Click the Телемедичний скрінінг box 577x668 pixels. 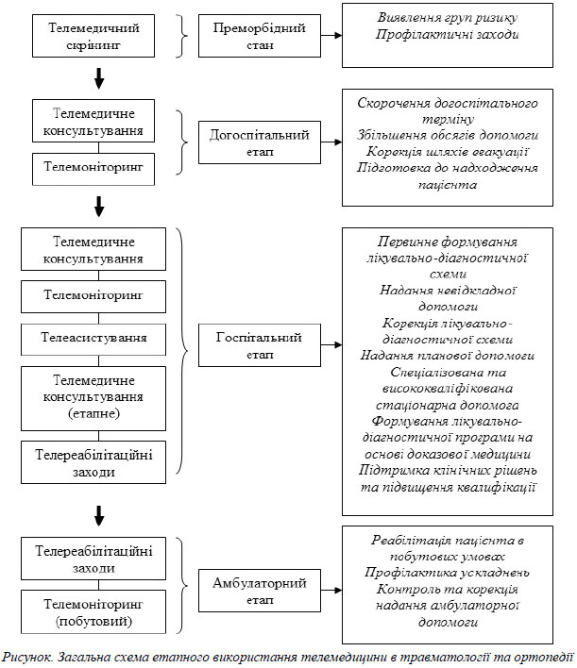coord(93,36)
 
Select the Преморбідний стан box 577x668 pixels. coord(260,36)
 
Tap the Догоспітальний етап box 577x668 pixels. coord(260,142)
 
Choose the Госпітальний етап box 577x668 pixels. coord(260,345)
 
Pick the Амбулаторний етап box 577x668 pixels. coord(260,591)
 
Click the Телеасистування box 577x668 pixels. coord(93,340)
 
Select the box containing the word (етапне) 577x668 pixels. coord(93,398)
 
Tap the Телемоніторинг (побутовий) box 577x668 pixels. coord(93,611)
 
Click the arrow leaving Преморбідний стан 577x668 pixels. coord(331,36)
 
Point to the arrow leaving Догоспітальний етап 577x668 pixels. coord(331,142)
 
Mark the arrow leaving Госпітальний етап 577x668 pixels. coord(331,345)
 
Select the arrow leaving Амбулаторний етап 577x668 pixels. coord(331,591)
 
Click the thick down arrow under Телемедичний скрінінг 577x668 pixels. coord(99,78)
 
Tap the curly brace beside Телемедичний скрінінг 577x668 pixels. coord(182,36)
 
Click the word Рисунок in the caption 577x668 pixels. coord(27,657)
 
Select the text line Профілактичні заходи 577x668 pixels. coord(448,35)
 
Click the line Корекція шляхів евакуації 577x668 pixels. coord(448,152)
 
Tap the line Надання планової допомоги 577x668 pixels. coord(448,356)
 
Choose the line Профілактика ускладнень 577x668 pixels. coord(448,573)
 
